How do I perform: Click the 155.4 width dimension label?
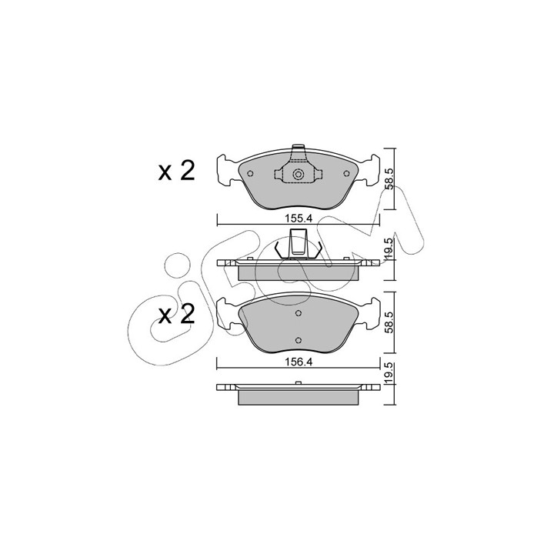299,219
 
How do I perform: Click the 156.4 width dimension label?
299,362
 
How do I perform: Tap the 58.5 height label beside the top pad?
389,179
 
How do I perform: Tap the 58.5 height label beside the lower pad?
389,322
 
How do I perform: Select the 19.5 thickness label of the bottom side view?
389,372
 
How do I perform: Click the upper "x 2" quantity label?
176,172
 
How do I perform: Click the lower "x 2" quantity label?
176,315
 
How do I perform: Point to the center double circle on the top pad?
299,174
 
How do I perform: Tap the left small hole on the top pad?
250,173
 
